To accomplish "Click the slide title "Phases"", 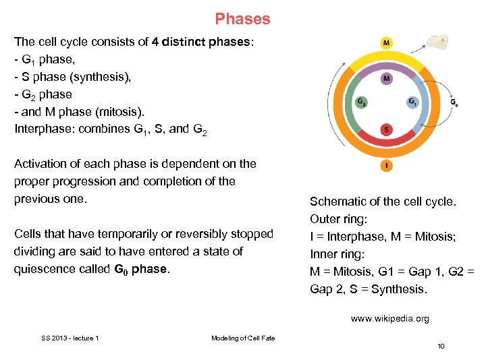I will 242,19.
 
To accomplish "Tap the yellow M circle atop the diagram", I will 386,43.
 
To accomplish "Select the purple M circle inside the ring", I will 386,79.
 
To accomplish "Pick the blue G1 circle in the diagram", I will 412,102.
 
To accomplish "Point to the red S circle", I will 386,129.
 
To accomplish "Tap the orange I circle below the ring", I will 386,164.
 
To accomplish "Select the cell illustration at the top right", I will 438,43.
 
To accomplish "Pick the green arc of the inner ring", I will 352,101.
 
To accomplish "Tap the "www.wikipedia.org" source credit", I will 389,319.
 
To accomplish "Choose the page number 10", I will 441,346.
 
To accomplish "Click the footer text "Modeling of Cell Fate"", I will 243,338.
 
